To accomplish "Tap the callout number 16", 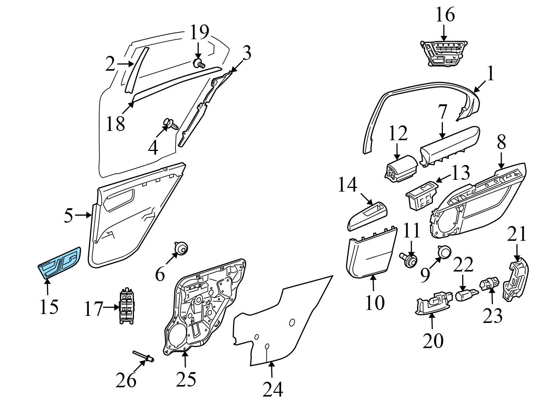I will pos(445,16).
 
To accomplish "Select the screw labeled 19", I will pos(199,63).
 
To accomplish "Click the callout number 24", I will pos(273,389).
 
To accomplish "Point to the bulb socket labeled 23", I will pos(489,284).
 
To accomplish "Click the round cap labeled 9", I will pos(444,252).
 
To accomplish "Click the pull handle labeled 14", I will pos(368,216).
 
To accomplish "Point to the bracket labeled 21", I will pos(515,279).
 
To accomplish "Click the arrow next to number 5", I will pos(84,215).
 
